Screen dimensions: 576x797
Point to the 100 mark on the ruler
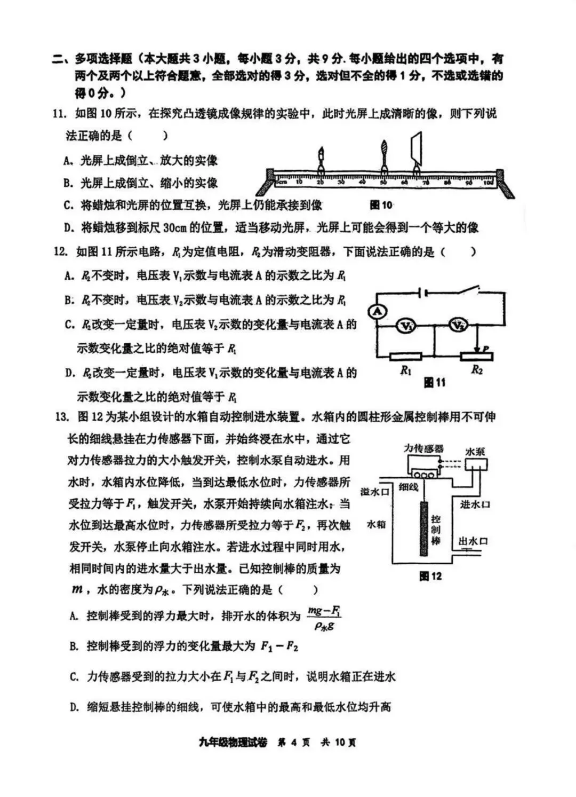(x=487, y=183)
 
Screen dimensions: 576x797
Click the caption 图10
(x=381, y=205)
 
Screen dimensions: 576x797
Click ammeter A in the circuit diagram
(x=378, y=312)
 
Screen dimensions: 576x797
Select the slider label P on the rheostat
(x=486, y=348)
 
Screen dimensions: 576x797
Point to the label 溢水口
(x=375, y=491)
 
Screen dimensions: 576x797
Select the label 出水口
(x=474, y=541)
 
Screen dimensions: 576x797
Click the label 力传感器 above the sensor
(x=423, y=448)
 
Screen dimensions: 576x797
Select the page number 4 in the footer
(x=294, y=743)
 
